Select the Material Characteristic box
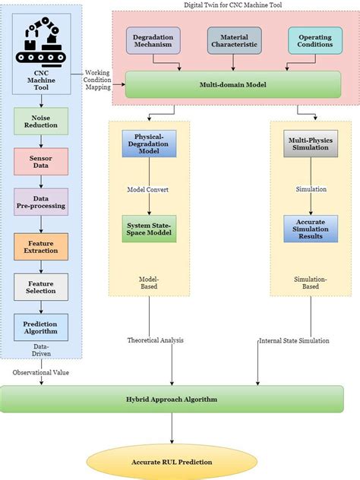(234, 41)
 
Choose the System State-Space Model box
(149, 228)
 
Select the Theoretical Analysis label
(156, 340)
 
